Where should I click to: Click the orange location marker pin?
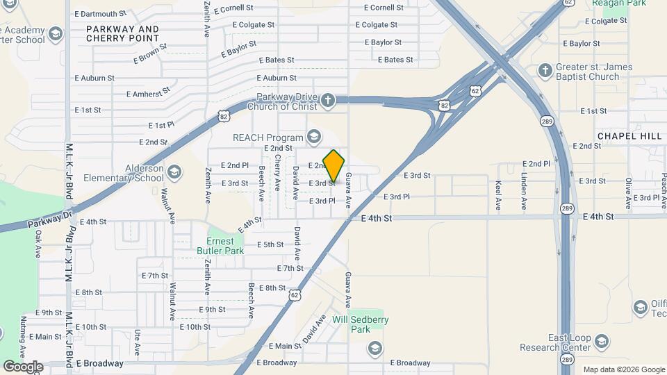pyautogui.click(x=333, y=166)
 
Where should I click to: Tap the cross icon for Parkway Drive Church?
pyautogui.click(x=328, y=101)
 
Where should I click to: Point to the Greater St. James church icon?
pyautogui.click(x=545, y=71)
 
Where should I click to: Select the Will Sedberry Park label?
pyautogui.click(x=360, y=324)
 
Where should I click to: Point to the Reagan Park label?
pyautogui.click(x=615, y=4)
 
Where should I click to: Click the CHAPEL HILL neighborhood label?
pyautogui.click(x=629, y=136)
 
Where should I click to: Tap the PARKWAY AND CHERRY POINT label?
pyautogui.click(x=122, y=34)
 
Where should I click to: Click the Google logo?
pyautogui.click(x=22, y=366)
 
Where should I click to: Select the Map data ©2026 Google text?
pyautogui.click(x=623, y=369)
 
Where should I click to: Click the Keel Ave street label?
pyautogui.click(x=499, y=196)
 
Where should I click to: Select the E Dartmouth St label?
pyautogui.click(x=100, y=13)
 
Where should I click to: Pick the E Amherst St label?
pyautogui.click(x=148, y=93)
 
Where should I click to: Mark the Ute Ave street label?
pyautogui.click(x=138, y=340)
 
